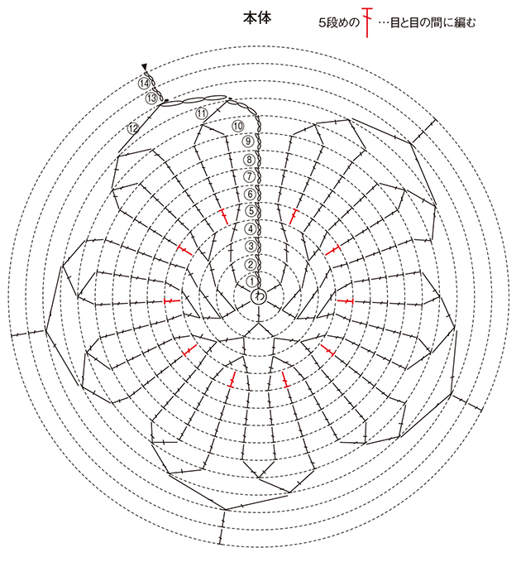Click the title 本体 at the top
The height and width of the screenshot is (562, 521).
click(x=257, y=18)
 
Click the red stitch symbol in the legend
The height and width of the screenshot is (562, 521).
click(x=366, y=22)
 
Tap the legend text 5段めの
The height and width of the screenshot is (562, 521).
click(x=338, y=23)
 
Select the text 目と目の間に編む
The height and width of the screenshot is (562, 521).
click(x=433, y=23)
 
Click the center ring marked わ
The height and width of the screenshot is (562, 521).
click(x=258, y=297)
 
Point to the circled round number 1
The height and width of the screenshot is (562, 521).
click(x=252, y=281)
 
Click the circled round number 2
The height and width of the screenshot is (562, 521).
click(x=251, y=265)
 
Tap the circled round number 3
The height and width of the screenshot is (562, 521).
click(x=251, y=246)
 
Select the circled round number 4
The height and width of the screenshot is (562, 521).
click(x=251, y=228)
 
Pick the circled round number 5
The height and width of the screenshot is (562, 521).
click(x=251, y=211)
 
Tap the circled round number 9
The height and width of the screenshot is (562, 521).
click(x=248, y=142)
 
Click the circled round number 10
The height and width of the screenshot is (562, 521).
click(x=238, y=126)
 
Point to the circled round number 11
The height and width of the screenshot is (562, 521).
click(x=202, y=114)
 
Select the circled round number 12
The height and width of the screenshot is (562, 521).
click(x=133, y=128)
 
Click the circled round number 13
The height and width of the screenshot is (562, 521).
click(x=151, y=98)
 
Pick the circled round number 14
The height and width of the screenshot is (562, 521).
click(x=144, y=84)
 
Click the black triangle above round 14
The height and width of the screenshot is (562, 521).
click(x=144, y=67)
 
